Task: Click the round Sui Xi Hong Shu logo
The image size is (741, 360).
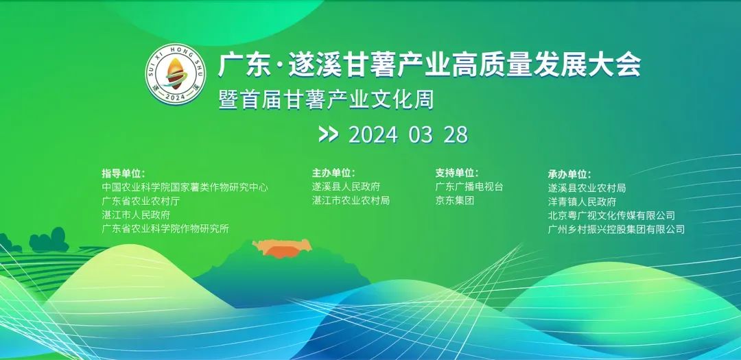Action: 176,74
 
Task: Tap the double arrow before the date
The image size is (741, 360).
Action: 329,134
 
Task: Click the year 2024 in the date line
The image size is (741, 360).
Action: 373,135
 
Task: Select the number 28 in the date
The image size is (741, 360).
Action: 456,135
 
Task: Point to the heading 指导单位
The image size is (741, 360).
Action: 123,173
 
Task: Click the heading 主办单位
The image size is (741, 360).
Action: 333,173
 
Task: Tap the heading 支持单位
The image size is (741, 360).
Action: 456,173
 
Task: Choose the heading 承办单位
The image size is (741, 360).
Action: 569,174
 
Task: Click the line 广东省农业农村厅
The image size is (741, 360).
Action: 141,201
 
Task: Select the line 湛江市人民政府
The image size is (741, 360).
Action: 136,215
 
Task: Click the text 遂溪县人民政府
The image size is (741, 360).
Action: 346,187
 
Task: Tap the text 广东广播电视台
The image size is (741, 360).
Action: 469,187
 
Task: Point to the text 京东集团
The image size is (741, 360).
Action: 455,200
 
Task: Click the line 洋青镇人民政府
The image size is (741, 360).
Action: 583,202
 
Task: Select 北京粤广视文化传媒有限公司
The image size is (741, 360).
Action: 611,215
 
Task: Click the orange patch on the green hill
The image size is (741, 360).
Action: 282,248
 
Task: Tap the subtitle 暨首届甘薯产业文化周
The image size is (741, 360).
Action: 326,99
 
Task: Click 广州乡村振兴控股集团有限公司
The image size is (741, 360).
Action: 616,229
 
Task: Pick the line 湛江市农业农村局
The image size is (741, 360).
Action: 351,200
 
